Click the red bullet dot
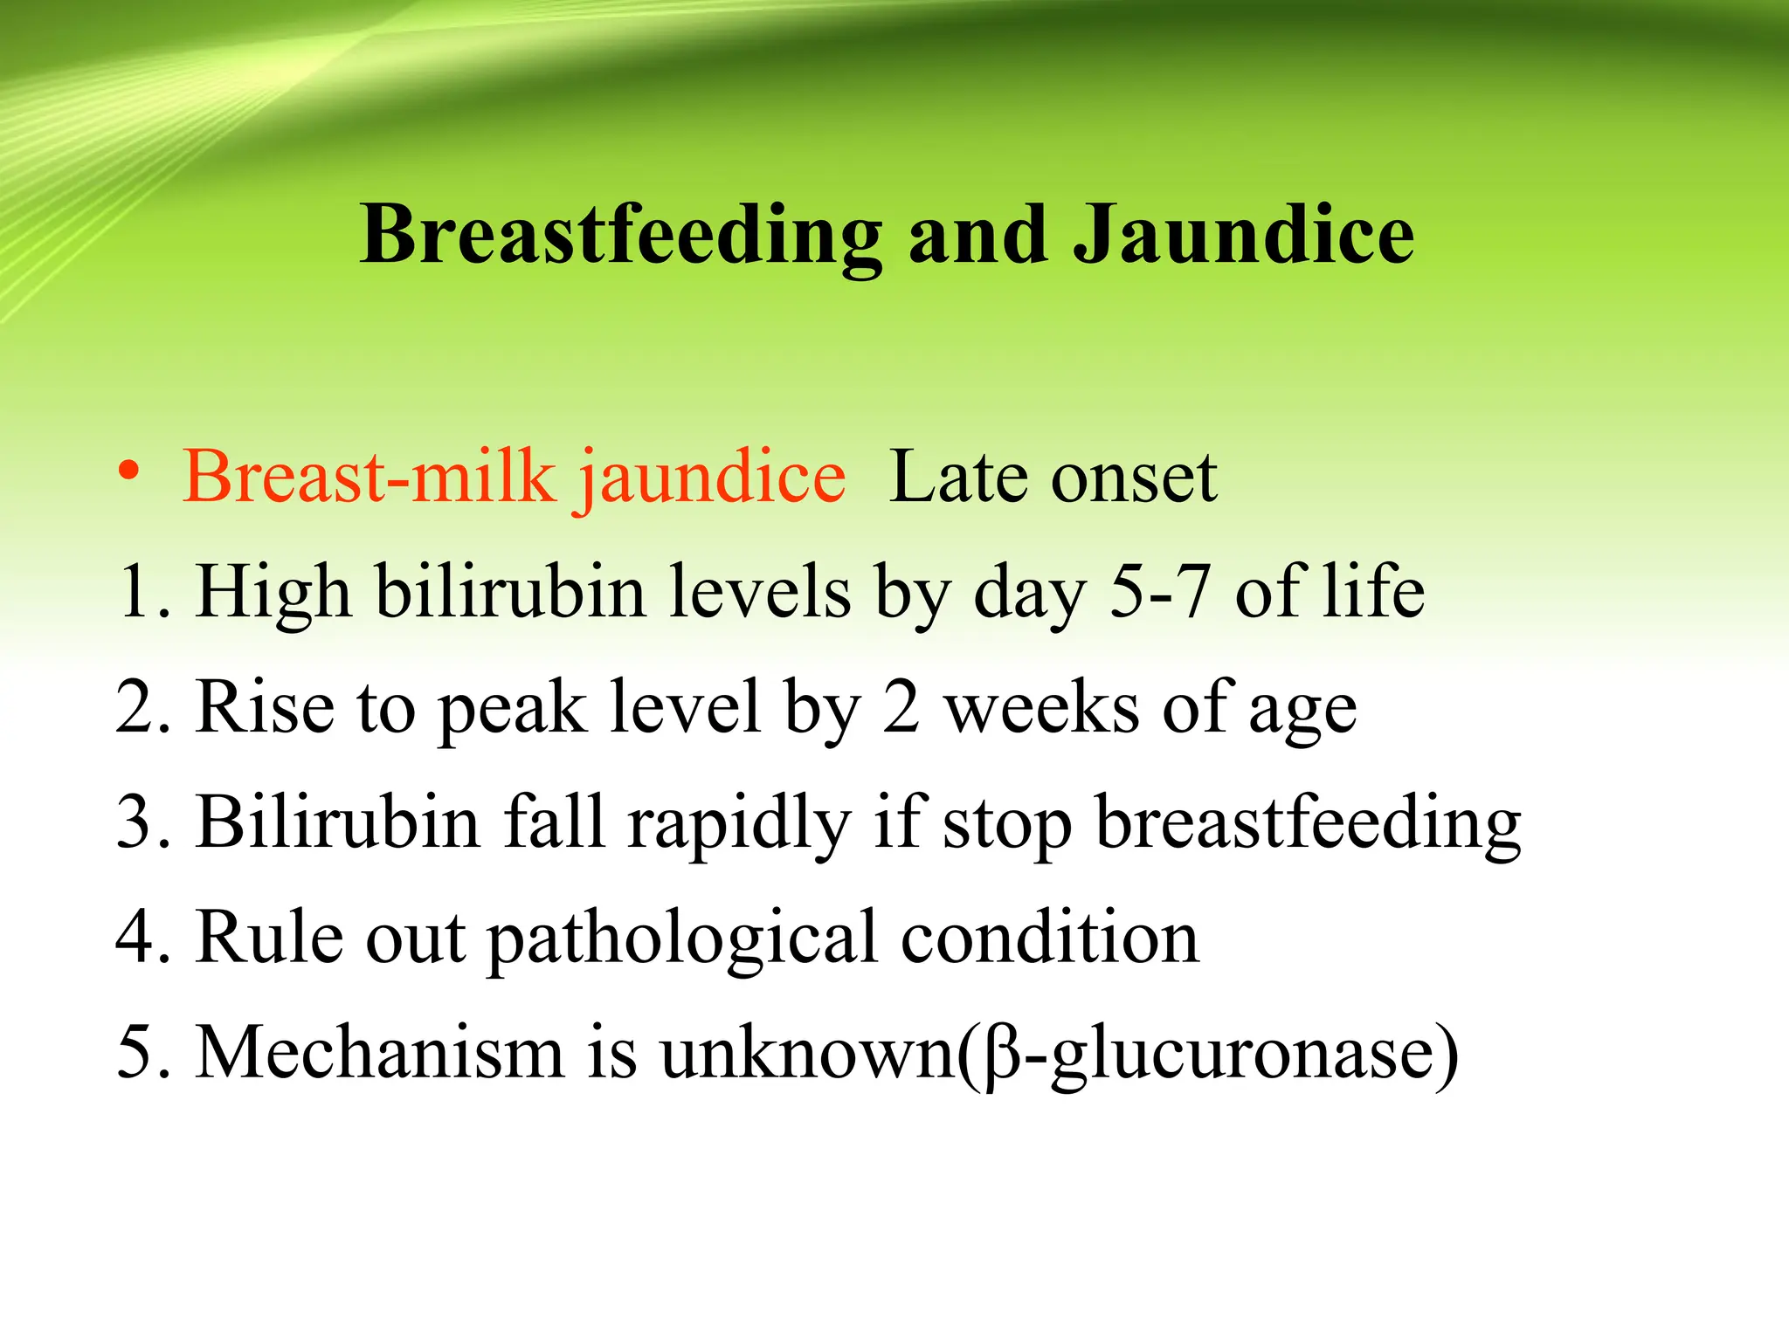pos(129,471)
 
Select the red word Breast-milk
pos(370,478)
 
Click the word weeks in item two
pos(1042,707)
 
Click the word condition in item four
pos(1050,938)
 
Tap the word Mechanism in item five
pos(380,1052)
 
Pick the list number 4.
pos(136,938)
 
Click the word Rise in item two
pos(265,707)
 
